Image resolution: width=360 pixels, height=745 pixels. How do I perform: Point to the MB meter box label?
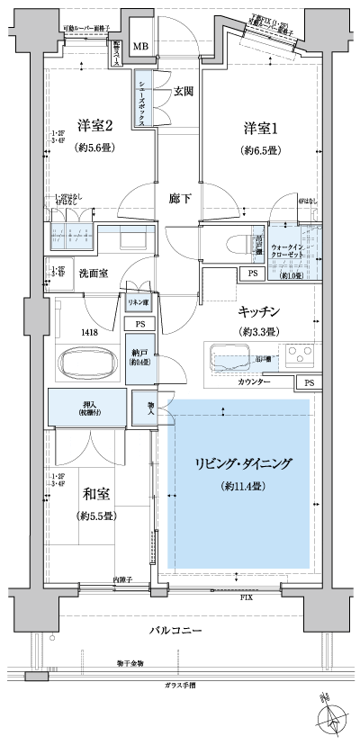[x=142, y=47]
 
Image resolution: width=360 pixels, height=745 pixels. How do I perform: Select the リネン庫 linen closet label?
[x=137, y=303]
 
